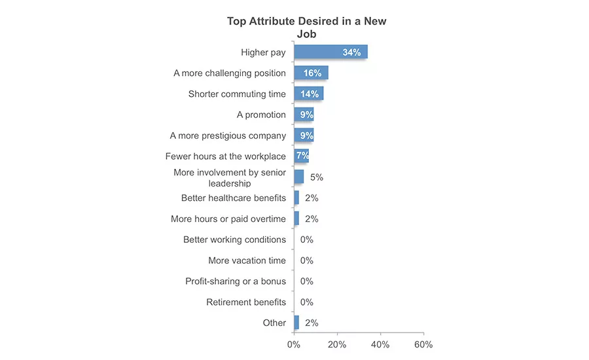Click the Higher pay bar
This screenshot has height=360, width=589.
(x=330, y=52)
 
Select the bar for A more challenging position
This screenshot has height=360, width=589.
(x=311, y=73)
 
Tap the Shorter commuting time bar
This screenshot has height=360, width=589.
(x=309, y=94)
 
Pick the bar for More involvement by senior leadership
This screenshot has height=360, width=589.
(x=299, y=177)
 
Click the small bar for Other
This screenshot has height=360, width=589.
(x=296, y=323)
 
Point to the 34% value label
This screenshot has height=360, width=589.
(x=351, y=52)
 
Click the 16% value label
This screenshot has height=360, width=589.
(x=313, y=73)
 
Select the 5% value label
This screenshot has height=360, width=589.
(x=317, y=177)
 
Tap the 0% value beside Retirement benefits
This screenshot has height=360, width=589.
(x=307, y=302)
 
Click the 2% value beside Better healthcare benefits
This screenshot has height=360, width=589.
(x=312, y=198)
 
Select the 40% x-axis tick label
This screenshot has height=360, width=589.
(x=380, y=344)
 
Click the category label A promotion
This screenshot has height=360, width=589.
(x=261, y=115)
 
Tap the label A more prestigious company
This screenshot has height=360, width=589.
(x=228, y=135)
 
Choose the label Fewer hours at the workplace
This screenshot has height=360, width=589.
(x=225, y=156)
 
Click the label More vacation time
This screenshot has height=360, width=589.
(x=247, y=261)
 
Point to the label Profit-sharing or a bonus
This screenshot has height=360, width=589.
(x=236, y=281)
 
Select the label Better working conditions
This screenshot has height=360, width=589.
(x=234, y=240)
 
